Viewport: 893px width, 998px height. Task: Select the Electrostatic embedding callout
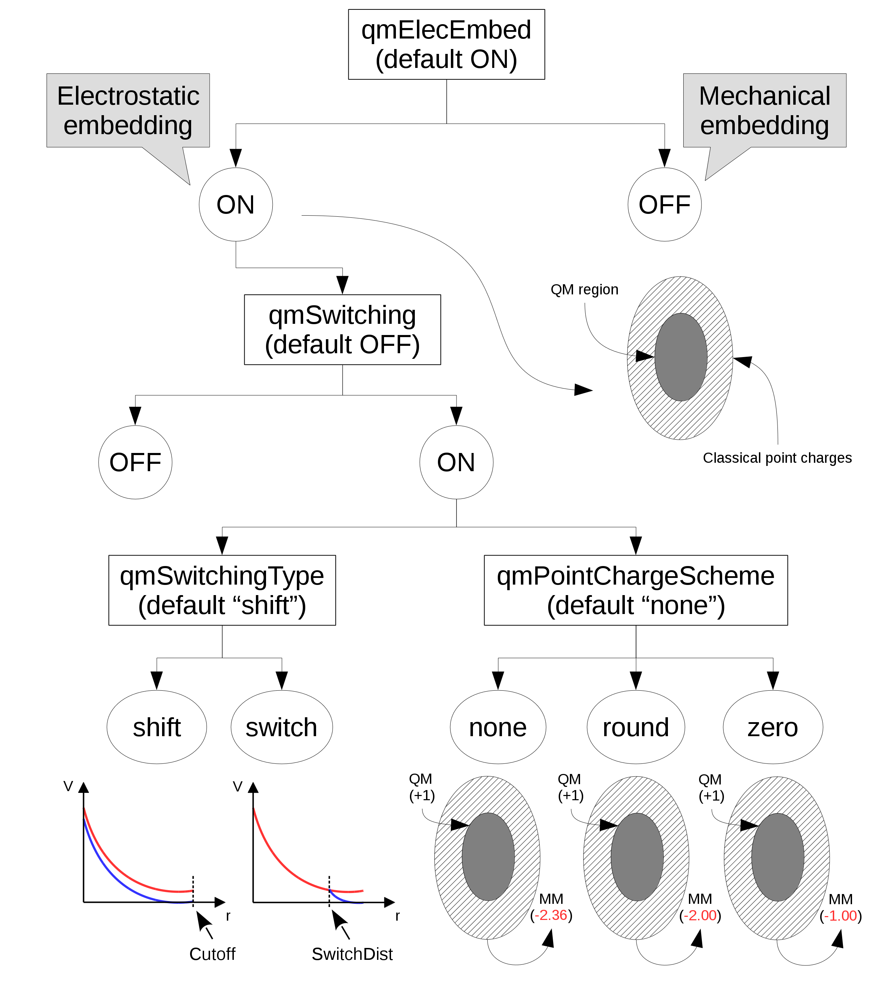coord(128,110)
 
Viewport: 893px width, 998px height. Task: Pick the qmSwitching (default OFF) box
coord(342,330)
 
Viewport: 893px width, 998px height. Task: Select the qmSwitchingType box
coord(222,590)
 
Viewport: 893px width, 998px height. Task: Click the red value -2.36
coord(551,915)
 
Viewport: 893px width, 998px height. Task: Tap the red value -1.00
coord(840,916)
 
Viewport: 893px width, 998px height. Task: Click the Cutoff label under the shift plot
coord(212,954)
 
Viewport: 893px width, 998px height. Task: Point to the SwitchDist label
coord(352,954)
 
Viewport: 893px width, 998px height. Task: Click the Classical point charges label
coord(777,458)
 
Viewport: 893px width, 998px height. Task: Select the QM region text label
coord(584,289)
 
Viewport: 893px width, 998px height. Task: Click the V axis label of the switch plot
coord(237,787)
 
